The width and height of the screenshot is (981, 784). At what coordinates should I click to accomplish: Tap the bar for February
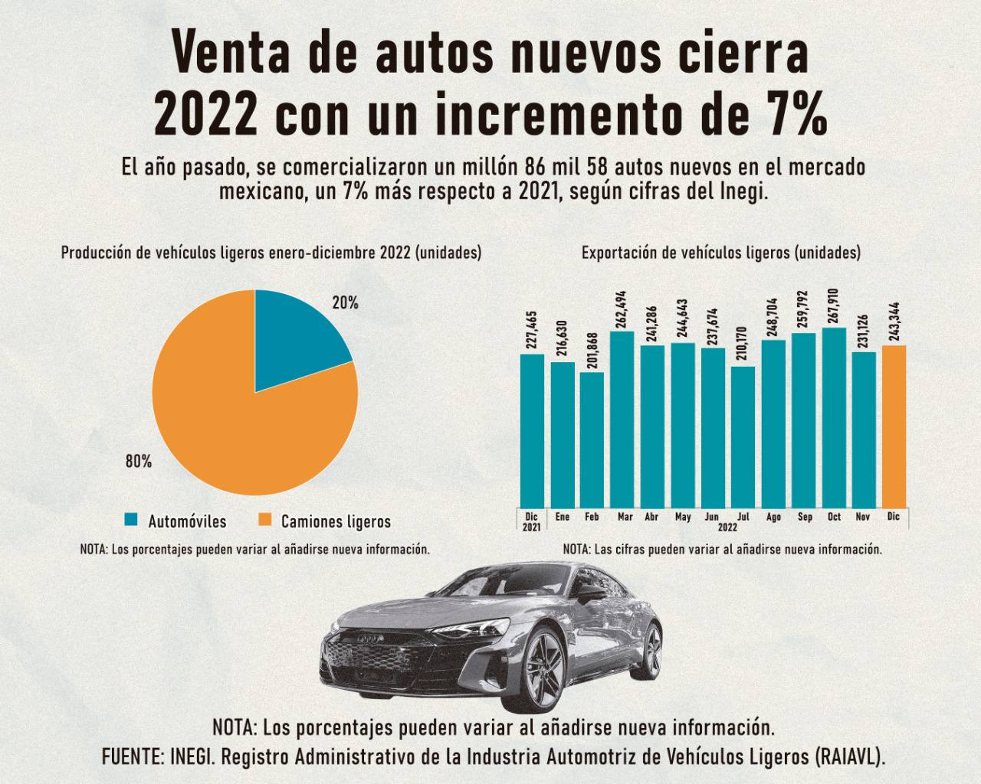coord(592,440)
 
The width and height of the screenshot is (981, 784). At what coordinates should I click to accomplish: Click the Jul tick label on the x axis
coord(743,518)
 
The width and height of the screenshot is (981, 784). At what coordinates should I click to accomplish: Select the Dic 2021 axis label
coord(531,522)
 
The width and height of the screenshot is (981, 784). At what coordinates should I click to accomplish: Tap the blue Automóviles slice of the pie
coord(295,337)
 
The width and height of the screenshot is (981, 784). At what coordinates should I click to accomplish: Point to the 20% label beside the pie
coord(345,303)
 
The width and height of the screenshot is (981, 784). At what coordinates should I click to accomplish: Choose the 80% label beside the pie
coord(139,462)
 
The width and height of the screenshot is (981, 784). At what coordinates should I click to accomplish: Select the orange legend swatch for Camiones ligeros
coord(264,521)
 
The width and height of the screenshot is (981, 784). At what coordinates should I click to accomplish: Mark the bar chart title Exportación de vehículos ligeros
coord(720,253)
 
